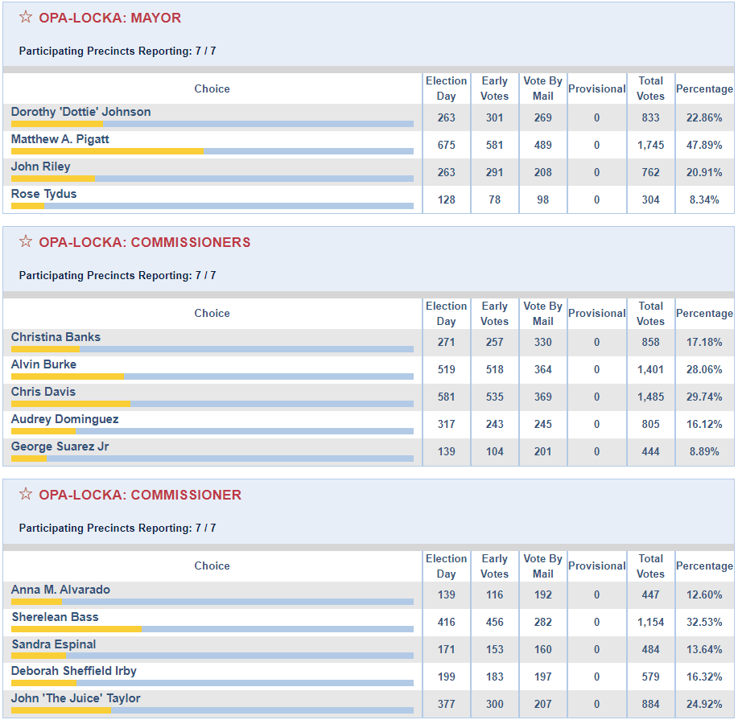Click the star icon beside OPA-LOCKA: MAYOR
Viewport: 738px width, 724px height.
[26, 17]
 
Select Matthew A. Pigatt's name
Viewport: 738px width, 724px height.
[60, 139]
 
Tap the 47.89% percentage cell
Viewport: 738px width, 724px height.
[704, 145]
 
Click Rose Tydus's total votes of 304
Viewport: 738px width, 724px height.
[650, 200]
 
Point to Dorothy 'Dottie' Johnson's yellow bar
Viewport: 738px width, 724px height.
[57, 124]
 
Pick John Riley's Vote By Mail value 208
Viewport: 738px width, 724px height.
[542, 172]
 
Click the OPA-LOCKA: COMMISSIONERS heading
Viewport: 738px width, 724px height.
[145, 242]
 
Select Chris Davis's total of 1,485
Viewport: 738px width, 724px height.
[650, 397]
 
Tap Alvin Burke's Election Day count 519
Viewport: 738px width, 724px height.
[446, 369]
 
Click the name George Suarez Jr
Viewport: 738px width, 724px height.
[60, 446]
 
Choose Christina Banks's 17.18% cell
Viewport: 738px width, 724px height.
[704, 342]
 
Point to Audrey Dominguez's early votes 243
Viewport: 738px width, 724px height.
[494, 424]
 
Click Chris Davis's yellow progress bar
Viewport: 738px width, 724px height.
[71, 404]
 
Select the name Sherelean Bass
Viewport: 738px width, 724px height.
[55, 617]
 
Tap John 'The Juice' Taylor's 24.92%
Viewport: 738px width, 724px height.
[704, 704]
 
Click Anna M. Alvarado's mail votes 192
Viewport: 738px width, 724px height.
[542, 594]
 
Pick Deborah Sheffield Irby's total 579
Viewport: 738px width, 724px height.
[650, 677]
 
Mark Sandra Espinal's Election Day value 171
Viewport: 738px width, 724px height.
[446, 649]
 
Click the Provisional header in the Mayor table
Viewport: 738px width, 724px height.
[596, 88]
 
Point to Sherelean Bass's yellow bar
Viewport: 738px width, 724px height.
[76, 629]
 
